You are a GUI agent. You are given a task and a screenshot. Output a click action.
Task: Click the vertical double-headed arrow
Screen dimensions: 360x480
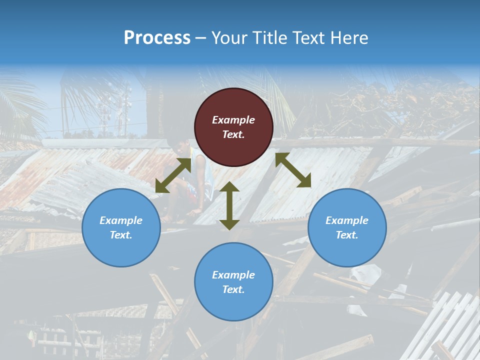(229, 205)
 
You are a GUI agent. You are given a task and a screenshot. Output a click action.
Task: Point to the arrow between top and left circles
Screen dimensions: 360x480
(173, 175)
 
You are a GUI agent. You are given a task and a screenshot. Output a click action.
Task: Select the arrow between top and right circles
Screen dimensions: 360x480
(293, 170)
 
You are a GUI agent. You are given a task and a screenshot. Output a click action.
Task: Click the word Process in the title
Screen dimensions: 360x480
(157, 37)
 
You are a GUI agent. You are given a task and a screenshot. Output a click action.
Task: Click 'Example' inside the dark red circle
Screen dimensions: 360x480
(233, 120)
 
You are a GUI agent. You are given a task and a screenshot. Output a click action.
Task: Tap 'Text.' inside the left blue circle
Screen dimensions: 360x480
(121, 235)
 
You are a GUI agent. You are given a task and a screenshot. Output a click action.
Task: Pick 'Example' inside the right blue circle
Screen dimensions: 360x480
(347, 220)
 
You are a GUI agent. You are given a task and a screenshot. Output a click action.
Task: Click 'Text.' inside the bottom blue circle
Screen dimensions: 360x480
(233, 289)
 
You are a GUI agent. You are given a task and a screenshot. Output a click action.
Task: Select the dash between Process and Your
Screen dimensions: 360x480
(200, 37)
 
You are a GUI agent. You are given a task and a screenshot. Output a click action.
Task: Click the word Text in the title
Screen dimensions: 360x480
(309, 37)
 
